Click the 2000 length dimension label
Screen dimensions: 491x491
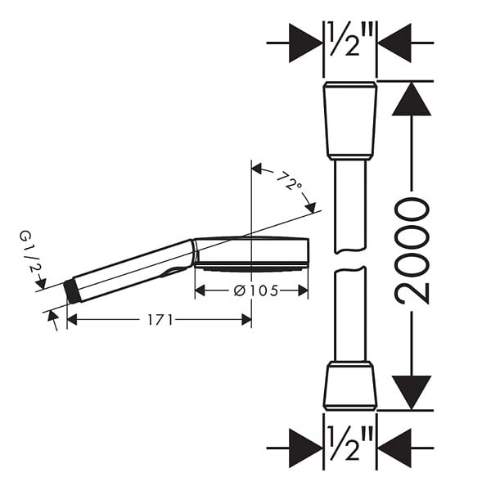[x=412, y=250]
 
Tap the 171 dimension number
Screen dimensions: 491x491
[x=160, y=320]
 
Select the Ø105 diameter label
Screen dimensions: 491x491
[x=256, y=291]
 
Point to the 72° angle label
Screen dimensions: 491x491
[x=289, y=181]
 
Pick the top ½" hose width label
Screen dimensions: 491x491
[x=349, y=38]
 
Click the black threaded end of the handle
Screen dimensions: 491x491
[x=72, y=292]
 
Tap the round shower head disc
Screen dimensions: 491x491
[x=252, y=255]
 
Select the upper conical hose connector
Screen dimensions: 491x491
[x=349, y=120]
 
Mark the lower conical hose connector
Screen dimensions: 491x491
[x=349, y=385]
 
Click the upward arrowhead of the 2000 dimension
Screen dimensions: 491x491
[x=412, y=99]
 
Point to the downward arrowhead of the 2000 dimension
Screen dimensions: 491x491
[x=412, y=393]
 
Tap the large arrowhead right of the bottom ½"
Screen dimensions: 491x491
[x=394, y=448]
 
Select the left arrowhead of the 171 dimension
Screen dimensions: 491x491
[x=72, y=320]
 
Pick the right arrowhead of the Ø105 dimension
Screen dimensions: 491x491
[x=303, y=291]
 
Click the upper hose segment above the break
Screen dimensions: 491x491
[x=349, y=207]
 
